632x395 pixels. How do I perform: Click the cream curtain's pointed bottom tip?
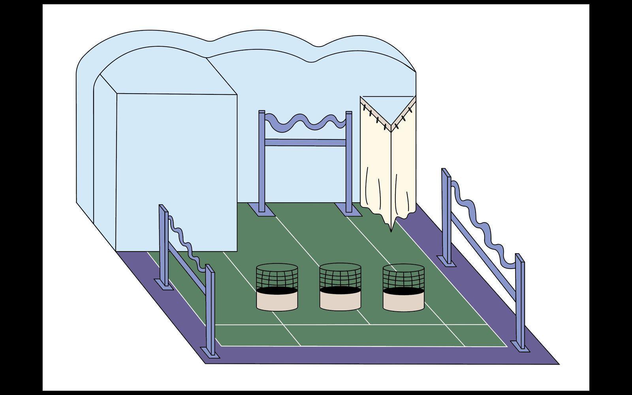[x=391, y=230]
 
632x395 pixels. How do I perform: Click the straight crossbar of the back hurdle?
[x=305, y=143]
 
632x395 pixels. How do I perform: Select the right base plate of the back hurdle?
[x=348, y=209]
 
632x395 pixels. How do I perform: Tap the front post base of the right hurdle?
[x=520, y=346]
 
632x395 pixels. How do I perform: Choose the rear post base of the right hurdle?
[x=447, y=261]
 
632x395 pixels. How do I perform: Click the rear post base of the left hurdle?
[x=163, y=284]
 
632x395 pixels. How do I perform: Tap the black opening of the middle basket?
[x=340, y=291]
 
